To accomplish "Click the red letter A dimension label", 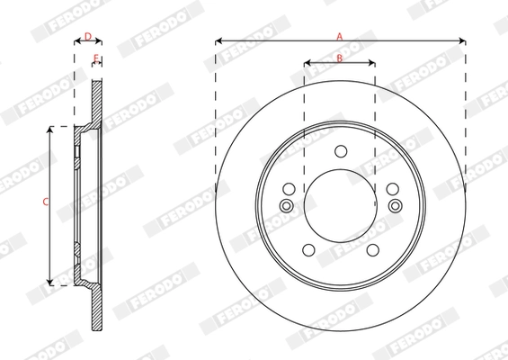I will (x=340, y=36).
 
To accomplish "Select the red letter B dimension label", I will (x=340, y=58).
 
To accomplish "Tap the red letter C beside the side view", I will (x=46, y=202).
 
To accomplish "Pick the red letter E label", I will (x=95, y=58).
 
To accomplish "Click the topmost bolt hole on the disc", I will (x=340, y=151).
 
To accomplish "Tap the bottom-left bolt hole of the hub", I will (x=308, y=249).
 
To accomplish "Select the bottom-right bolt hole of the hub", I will (x=371, y=249).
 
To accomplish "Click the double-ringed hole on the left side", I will (x=287, y=207).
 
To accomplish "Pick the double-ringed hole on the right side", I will (x=394, y=207).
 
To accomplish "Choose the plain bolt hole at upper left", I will (x=289, y=189).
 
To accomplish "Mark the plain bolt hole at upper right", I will (x=392, y=189).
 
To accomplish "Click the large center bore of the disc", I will (x=340, y=207).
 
